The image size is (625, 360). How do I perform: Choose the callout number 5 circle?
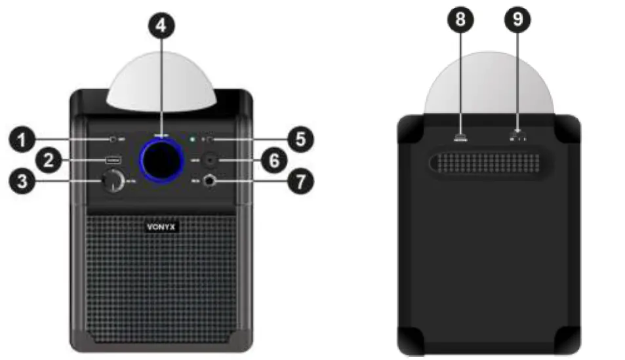pyautogui.click(x=300, y=138)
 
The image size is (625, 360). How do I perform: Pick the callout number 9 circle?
pyautogui.click(x=517, y=20)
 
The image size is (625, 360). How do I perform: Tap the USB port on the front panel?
pyautogui.click(x=111, y=160)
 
